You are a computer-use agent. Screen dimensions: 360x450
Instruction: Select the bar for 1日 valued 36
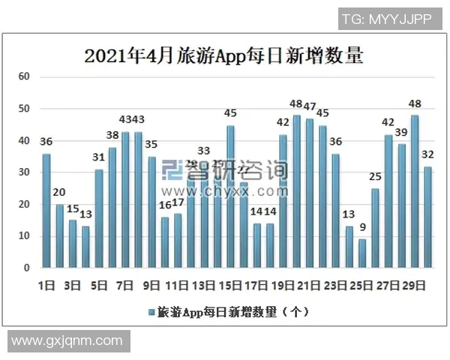pos(46,211)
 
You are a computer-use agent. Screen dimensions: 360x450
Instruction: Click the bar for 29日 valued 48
pos(415,191)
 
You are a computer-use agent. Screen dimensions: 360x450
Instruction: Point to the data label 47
pos(309,106)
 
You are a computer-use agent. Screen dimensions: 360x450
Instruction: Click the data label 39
pos(401,133)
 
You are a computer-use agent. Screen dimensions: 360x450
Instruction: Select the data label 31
pos(98,157)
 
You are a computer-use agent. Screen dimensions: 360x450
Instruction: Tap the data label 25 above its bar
pos(376,177)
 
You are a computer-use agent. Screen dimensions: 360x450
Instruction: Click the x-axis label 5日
pos(99,286)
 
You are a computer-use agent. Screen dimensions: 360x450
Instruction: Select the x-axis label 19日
pos(283,286)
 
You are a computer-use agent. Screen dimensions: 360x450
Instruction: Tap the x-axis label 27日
pos(388,286)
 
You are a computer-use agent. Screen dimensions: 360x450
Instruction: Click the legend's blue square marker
pos(152,310)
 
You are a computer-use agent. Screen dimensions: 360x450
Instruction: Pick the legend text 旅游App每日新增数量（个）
pos(234,310)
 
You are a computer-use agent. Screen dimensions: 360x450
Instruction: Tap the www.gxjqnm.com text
pos(67,340)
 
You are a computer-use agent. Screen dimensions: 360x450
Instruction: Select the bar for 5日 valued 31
pos(98,218)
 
